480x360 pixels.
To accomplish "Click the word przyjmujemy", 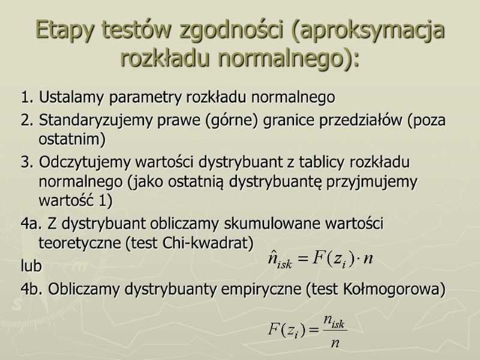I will tap(382, 181).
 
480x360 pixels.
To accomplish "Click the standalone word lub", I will tap(30, 265).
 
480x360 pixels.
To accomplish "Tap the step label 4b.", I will tap(31, 289).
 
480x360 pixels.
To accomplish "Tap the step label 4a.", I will tap(31, 224).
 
